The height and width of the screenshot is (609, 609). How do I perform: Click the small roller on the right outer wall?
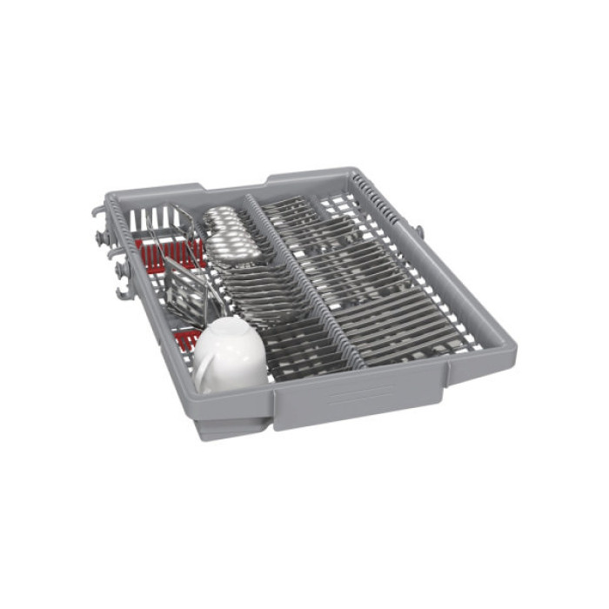[x=419, y=231]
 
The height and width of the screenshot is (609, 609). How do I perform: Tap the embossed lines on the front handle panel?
[x=360, y=395]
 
